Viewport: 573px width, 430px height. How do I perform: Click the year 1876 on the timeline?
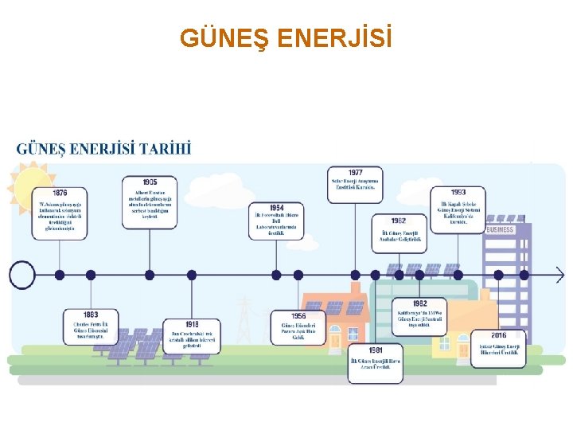coord(60,193)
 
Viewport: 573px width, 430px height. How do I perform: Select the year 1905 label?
coord(150,182)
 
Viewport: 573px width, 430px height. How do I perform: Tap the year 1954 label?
coord(276,208)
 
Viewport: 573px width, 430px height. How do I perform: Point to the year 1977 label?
coord(355,172)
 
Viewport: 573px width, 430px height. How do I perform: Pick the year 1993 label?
coord(458,193)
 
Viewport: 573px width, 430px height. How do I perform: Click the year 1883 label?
coord(90,315)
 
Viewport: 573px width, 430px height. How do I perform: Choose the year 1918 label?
coord(191,323)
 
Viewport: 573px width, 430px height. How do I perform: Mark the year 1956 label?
coord(298,316)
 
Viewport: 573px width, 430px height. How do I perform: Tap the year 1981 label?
coord(375,350)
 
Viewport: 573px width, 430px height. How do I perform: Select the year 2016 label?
coord(498,335)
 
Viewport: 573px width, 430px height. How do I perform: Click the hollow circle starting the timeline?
coord(22,276)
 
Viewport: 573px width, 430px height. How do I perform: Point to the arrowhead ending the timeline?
coord(560,276)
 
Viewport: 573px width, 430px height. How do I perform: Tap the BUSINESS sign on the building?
coord(500,229)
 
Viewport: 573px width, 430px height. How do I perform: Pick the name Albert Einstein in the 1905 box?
coord(143,193)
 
